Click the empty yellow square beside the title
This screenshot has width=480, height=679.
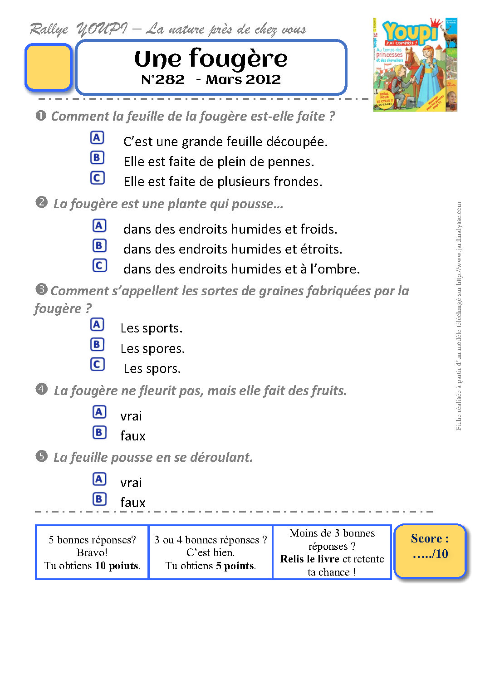(48, 67)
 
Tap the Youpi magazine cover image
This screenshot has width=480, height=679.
(415, 64)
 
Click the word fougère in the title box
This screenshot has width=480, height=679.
(238, 59)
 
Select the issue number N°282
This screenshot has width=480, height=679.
(163, 80)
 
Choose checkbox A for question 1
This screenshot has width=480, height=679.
(97, 137)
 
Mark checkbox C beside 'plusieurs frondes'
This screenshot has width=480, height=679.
(97, 178)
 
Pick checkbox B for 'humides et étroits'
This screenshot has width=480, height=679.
(99, 245)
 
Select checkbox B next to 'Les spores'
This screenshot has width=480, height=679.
(97, 345)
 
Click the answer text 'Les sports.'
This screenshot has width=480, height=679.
(151, 328)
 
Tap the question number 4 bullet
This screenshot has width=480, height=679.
(41, 389)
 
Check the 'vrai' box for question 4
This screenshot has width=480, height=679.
(99, 412)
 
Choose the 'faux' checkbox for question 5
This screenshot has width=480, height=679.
(99, 499)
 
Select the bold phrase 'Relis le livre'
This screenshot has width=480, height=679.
(309, 559)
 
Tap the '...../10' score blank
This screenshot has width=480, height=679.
(430, 554)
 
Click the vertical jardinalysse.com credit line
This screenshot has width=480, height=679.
(459, 316)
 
